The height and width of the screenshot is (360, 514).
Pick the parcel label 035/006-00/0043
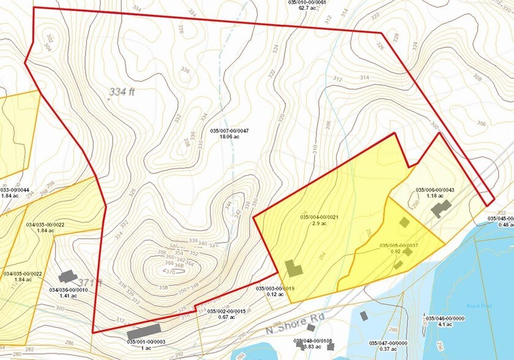coord(434,190)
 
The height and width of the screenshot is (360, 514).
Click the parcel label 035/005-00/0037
coord(399,246)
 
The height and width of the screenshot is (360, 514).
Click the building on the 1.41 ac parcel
coord(68,277)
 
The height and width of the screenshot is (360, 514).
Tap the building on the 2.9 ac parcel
coord(294,269)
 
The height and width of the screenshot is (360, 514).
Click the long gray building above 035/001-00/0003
coord(147,331)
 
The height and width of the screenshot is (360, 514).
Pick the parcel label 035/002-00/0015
coord(226,311)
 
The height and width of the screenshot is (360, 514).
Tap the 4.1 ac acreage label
coord(443,324)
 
